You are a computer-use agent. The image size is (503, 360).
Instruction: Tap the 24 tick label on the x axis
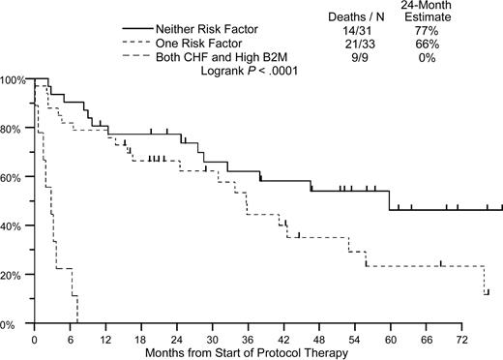(x=177, y=338)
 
